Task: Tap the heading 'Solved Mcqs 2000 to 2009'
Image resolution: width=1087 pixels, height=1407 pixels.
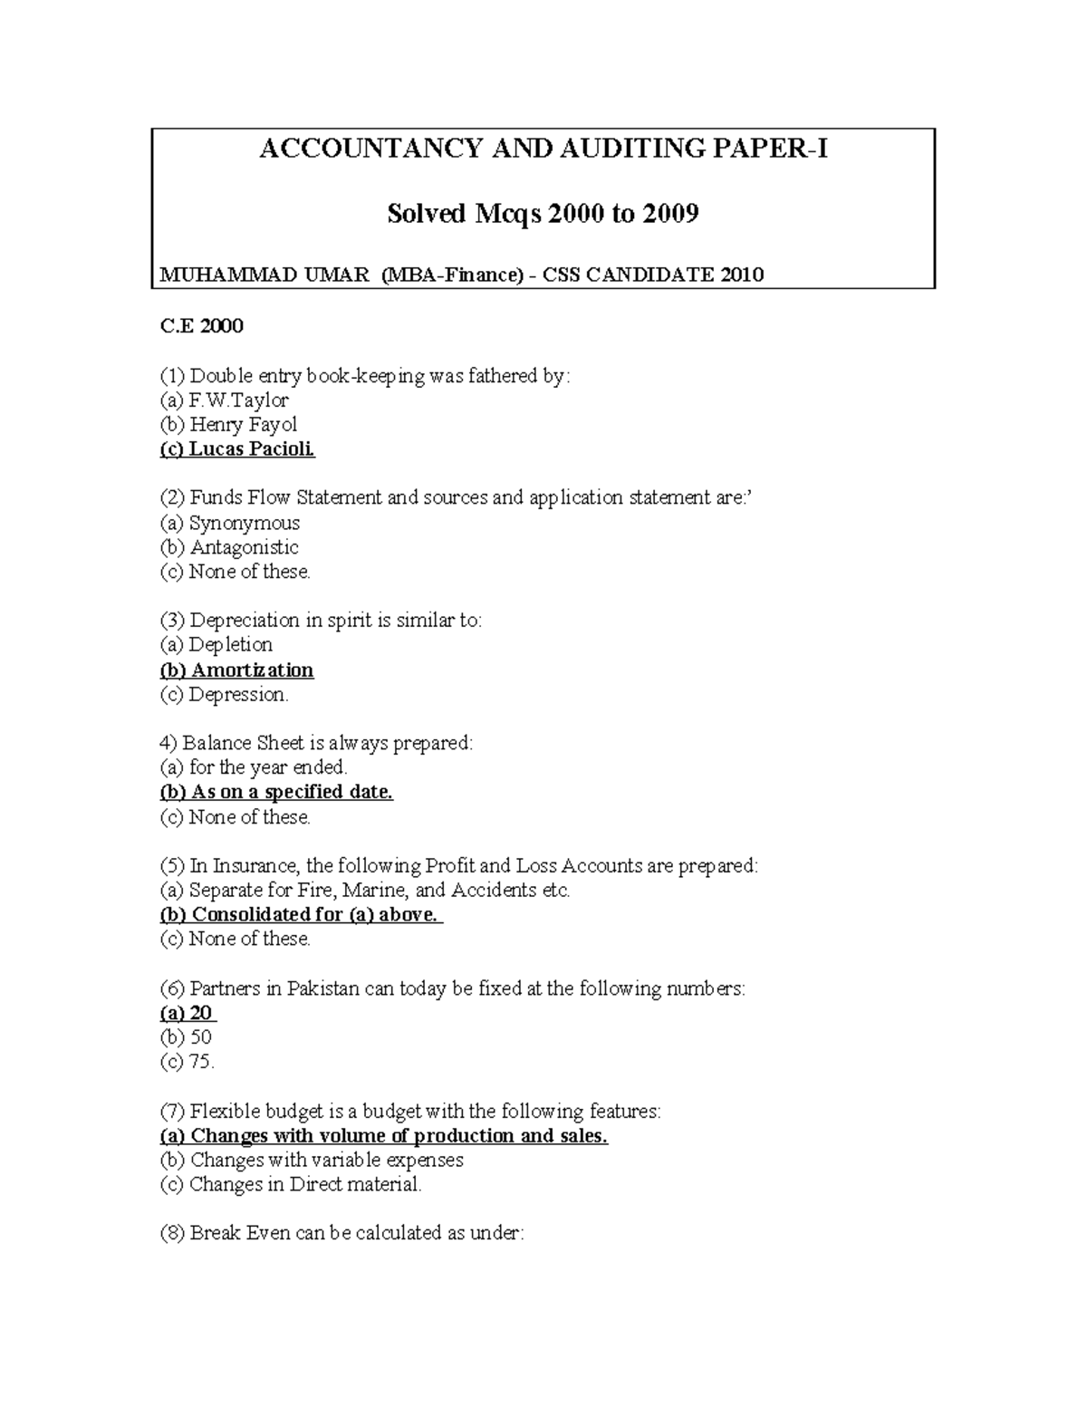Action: click(x=543, y=214)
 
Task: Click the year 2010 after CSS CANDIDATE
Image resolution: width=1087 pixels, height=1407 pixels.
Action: click(x=742, y=275)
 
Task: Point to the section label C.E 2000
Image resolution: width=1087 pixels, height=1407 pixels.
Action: click(x=201, y=326)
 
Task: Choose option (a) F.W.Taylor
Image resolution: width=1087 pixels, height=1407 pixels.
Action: click(x=225, y=400)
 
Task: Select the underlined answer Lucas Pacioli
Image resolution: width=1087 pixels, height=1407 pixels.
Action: click(x=237, y=449)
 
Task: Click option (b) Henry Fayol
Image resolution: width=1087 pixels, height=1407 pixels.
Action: click(x=228, y=425)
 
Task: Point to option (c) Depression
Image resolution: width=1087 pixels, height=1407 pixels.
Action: click(x=225, y=695)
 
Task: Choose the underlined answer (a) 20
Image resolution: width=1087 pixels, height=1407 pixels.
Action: click(x=188, y=1013)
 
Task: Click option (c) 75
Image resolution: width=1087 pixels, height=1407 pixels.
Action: click(x=187, y=1062)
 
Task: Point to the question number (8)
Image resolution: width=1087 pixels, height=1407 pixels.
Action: click(x=172, y=1233)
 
